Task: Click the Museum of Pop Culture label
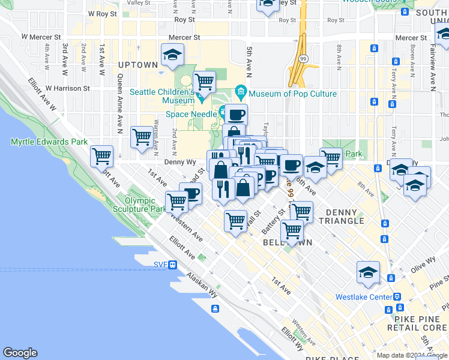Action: [x=292, y=94]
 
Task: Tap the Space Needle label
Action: [x=191, y=114]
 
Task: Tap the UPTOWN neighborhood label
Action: [x=138, y=65]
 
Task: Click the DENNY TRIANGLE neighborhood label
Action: [x=345, y=217]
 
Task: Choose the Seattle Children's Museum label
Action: [x=162, y=97]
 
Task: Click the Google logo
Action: [x=20, y=353]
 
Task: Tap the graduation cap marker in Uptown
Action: [x=172, y=56]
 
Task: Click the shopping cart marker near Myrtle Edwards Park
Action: [x=102, y=156]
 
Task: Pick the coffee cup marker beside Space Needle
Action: [x=237, y=113]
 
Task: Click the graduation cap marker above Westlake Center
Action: [x=368, y=272]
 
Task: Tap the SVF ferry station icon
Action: [x=172, y=265]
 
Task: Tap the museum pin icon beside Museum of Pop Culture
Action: [x=241, y=94]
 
